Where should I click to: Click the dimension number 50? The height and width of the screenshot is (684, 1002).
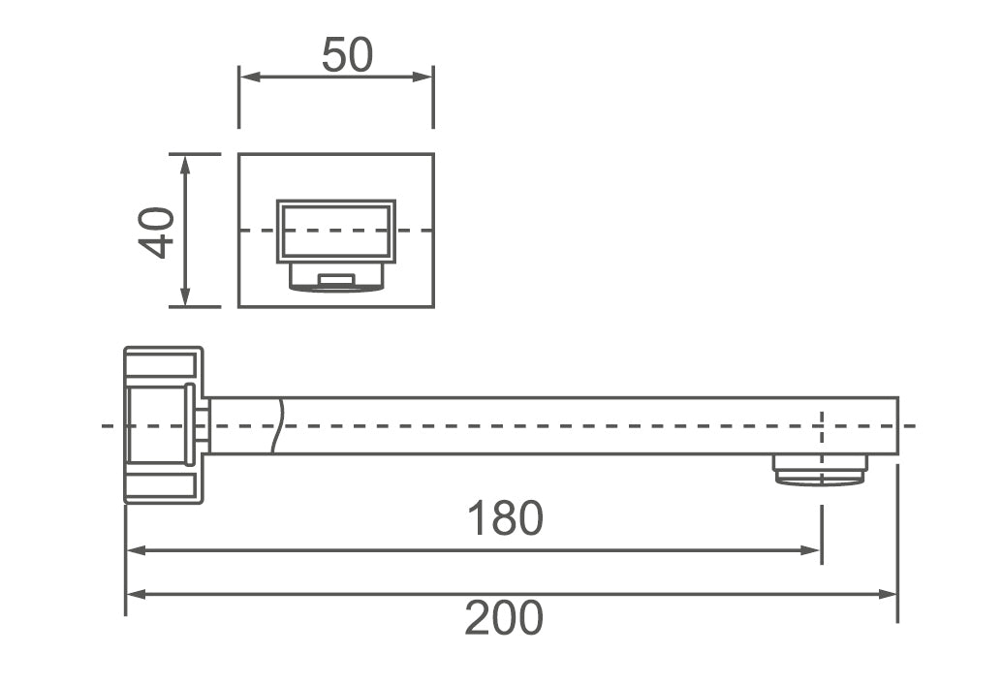point(347,55)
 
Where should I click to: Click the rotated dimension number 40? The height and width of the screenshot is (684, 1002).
point(157,232)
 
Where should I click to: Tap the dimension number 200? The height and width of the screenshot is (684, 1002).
point(504,618)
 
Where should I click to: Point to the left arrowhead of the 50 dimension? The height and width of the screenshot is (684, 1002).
point(247,77)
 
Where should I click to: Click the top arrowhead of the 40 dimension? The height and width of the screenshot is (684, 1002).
point(185,162)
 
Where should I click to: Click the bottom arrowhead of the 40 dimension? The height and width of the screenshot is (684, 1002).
point(185,298)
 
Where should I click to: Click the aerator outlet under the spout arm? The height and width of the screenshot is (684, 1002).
point(821,470)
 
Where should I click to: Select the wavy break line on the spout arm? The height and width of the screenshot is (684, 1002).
point(279,425)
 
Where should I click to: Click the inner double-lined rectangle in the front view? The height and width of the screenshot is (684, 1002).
point(335,231)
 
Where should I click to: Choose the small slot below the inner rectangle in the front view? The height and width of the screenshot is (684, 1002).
point(336,280)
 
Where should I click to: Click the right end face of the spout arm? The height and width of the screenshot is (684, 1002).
point(897,425)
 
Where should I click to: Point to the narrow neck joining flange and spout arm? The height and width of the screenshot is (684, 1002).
point(203,425)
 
